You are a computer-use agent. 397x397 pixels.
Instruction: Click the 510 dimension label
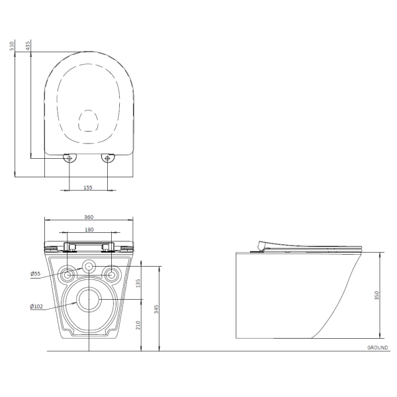pos(12,46)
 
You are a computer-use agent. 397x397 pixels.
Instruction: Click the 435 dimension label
pos(28,46)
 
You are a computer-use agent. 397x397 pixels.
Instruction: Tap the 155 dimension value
pos(88,188)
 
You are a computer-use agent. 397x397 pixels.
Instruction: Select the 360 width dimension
pos(89,217)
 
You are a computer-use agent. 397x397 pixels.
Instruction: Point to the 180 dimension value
pos(89,230)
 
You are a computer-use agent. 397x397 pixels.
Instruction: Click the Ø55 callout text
pos(35,273)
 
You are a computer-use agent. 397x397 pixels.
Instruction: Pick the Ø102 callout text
pos(36,306)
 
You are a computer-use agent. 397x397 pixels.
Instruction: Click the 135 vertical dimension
pos(138,283)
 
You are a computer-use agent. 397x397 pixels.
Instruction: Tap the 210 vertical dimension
pos(138,325)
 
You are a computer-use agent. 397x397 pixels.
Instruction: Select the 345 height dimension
pos(156,309)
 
